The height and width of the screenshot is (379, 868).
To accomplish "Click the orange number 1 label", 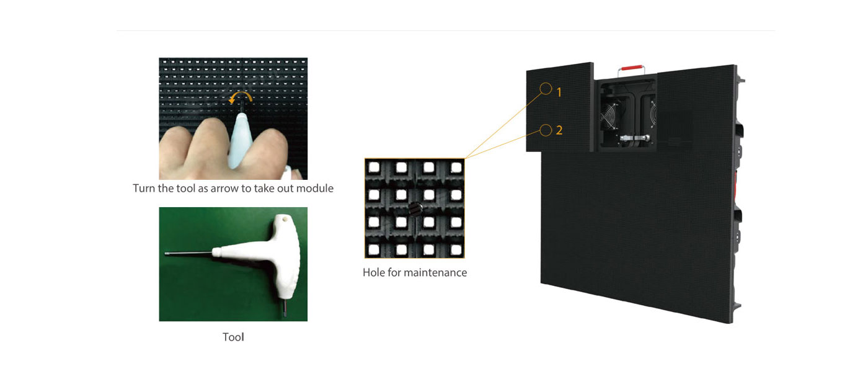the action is (x=559, y=92).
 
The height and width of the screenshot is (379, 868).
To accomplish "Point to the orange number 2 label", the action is (x=559, y=130).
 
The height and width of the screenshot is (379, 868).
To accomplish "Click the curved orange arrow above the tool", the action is (x=241, y=96).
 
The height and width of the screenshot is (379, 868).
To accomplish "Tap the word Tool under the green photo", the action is (x=233, y=337).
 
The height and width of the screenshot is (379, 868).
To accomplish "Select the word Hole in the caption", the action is (x=373, y=273).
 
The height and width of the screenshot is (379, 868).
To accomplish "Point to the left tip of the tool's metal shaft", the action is (x=166, y=254).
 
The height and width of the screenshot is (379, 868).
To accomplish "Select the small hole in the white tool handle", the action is (x=286, y=219).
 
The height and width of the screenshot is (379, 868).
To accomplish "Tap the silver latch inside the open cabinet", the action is (x=635, y=138).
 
